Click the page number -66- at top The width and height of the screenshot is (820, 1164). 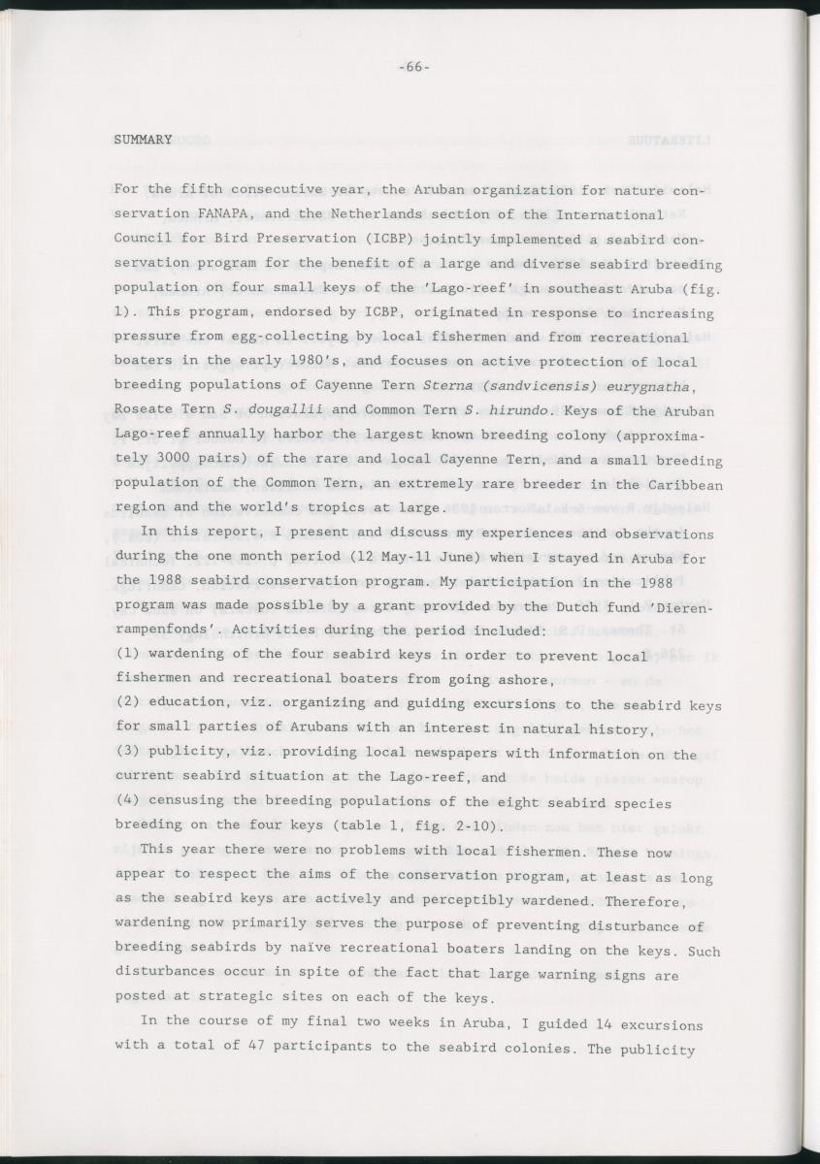coord(413,67)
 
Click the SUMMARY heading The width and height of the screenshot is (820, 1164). coord(143,140)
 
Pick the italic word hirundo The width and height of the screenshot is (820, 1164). coord(493,409)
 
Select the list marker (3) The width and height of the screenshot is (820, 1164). coord(127,754)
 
